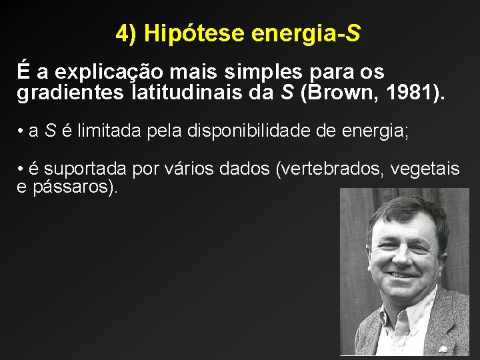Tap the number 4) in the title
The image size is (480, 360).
click(x=127, y=33)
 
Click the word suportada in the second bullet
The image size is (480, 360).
click(x=85, y=169)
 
